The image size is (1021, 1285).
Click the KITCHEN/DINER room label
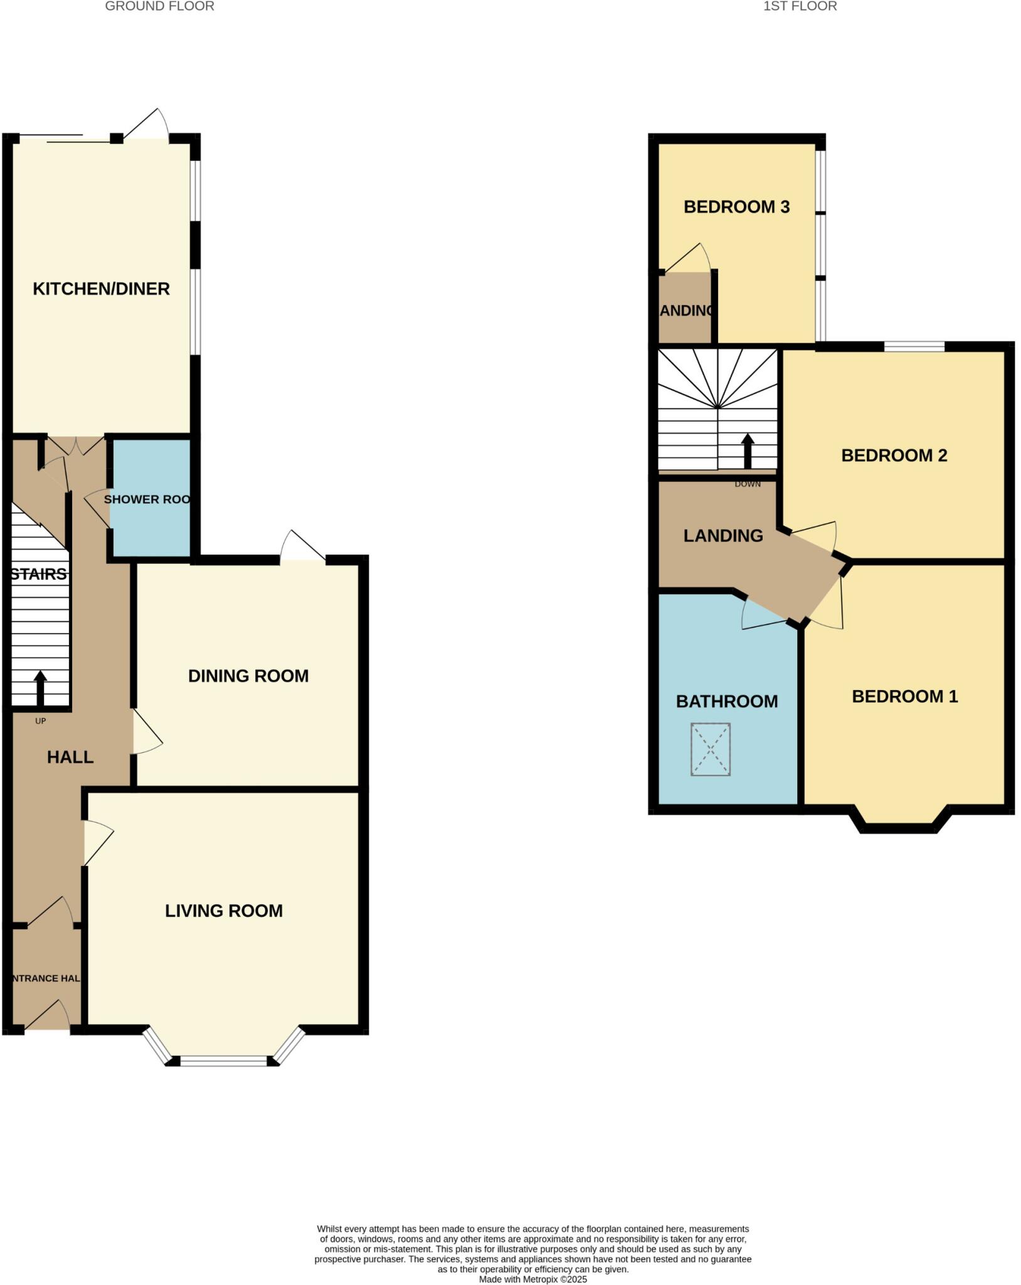click(x=101, y=289)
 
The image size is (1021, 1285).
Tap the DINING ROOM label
click(x=248, y=676)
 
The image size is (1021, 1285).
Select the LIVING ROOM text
click(x=224, y=910)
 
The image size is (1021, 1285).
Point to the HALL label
click(x=70, y=757)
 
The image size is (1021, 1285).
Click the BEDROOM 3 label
click(x=736, y=207)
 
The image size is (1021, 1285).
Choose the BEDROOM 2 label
click(x=894, y=456)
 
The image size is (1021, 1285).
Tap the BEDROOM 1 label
click(x=904, y=696)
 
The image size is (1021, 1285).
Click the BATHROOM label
click(x=727, y=701)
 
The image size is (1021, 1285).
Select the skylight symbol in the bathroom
click(x=711, y=749)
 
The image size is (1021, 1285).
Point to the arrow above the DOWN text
click(x=748, y=451)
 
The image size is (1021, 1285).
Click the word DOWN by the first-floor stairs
click(x=748, y=484)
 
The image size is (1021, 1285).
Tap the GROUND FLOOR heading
click(x=159, y=6)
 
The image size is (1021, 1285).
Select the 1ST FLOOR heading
click(x=800, y=6)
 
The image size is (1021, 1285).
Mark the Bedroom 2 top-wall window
click(x=914, y=346)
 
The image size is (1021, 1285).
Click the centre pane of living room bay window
click(x=224, y=1061)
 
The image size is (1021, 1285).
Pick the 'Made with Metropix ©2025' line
click(x=533, y=1279)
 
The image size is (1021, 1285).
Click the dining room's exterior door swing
click(x=302, y=546)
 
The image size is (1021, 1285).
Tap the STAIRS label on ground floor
click(x=39, y=574)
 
